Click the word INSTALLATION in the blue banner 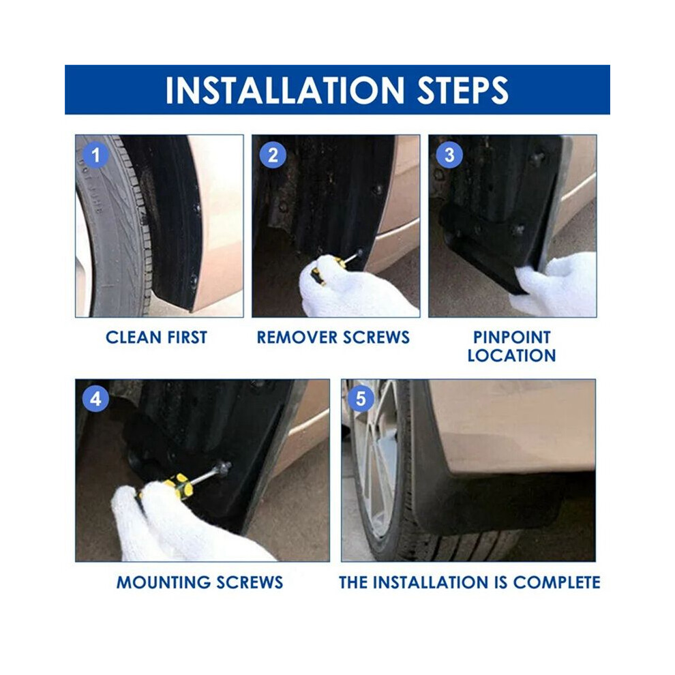(285, 91)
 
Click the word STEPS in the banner (463, 91)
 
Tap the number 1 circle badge (96, 155)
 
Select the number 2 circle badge (273, 155)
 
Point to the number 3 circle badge (449, 155)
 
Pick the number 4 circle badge (95, 399)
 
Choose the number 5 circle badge (361, 399)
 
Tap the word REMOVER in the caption (292, 337)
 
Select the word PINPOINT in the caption (512, 337)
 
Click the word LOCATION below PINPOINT (512, 356)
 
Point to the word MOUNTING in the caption (164, 582)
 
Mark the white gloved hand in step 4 (181, 525)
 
